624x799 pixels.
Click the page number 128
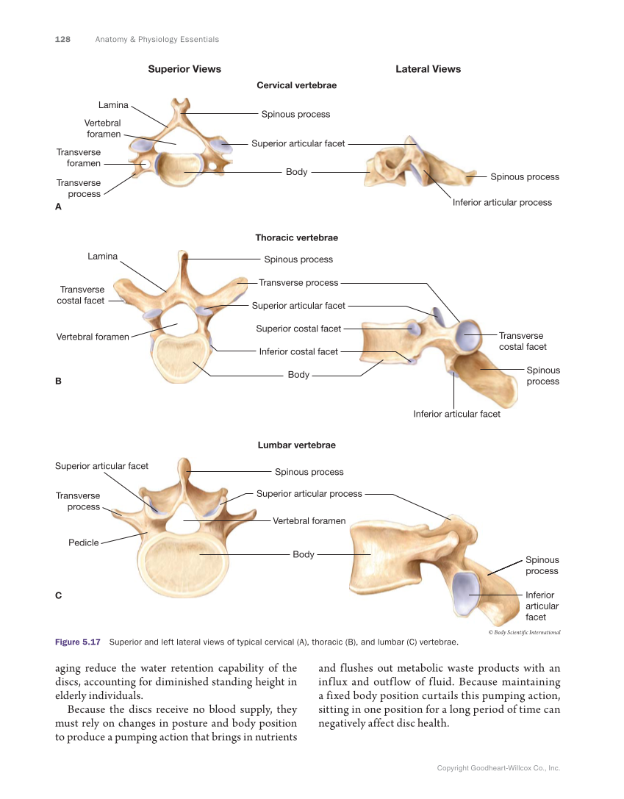[62, 39]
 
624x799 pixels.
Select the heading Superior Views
[184, 69]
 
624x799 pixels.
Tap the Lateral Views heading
[428, 69]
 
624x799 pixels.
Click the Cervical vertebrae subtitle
[296, 85]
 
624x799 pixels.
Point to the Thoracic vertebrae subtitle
[296, 237]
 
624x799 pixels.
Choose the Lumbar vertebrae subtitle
[296, 445]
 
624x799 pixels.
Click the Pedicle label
[83, 542]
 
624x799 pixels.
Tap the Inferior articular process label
[502, 202]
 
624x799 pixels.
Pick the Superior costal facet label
[298, 329]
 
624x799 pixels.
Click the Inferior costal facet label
[298, 351]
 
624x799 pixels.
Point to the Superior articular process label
[309, 493]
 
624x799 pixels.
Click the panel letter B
[58, 381]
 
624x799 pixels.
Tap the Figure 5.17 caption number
[78, 642]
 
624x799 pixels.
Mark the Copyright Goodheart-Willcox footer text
[498, 768]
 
